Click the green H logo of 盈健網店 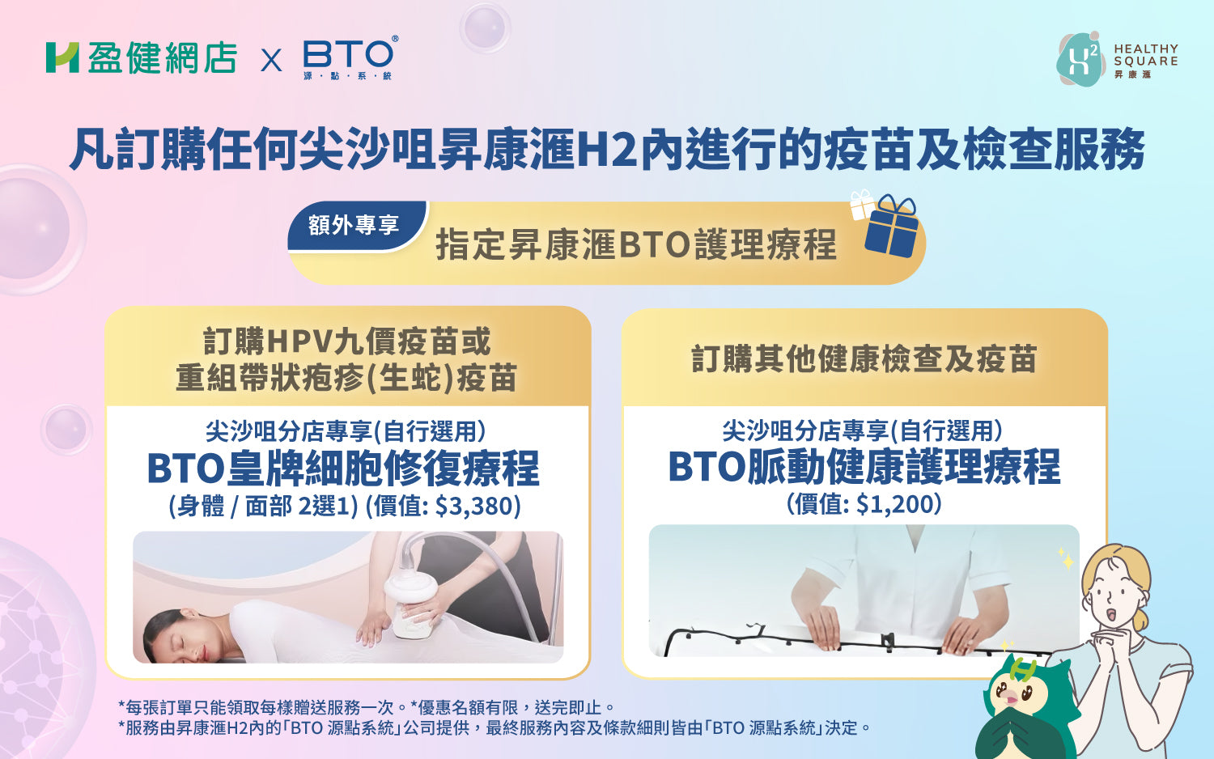click(x=62, y=57)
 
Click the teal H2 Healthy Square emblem click(x=1080, y=59)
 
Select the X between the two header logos click(x=271, y=60)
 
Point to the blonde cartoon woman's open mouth click(x=1110, y=615)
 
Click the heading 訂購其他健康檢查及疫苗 click(x=864, y=358)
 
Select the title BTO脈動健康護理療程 click(x=864, y=466)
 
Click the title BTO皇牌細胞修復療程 click(x=343, y=469)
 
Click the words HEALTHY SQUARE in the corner click(x=1146, y=55)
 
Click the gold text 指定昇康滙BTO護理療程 click(x=636, y=245)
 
